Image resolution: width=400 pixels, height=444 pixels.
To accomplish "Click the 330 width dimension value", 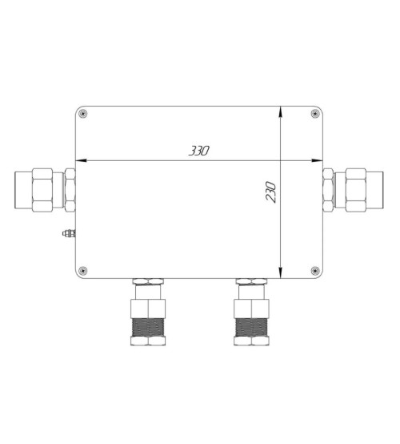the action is click(x=199, y=151).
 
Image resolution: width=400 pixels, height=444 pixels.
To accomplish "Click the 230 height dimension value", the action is click(x=271, y=192).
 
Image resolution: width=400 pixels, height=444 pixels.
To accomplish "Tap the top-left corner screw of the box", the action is click(x=82, y=114).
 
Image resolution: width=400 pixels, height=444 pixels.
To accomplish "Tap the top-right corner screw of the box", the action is click(x=315, y=114).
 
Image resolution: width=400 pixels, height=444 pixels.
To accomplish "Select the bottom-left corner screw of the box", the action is click(x=82, y=271).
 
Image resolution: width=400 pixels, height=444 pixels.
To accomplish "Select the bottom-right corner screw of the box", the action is click(x=315, y=271).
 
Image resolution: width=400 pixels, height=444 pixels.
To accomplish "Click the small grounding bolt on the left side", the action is click(x=69, y=233).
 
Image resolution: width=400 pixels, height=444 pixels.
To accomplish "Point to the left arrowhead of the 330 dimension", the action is click(x=81, y=160).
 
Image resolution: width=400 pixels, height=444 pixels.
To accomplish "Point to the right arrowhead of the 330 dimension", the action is click(x=317, y=160).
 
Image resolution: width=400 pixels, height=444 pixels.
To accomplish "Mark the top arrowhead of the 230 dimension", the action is click(x=280, y=111).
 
